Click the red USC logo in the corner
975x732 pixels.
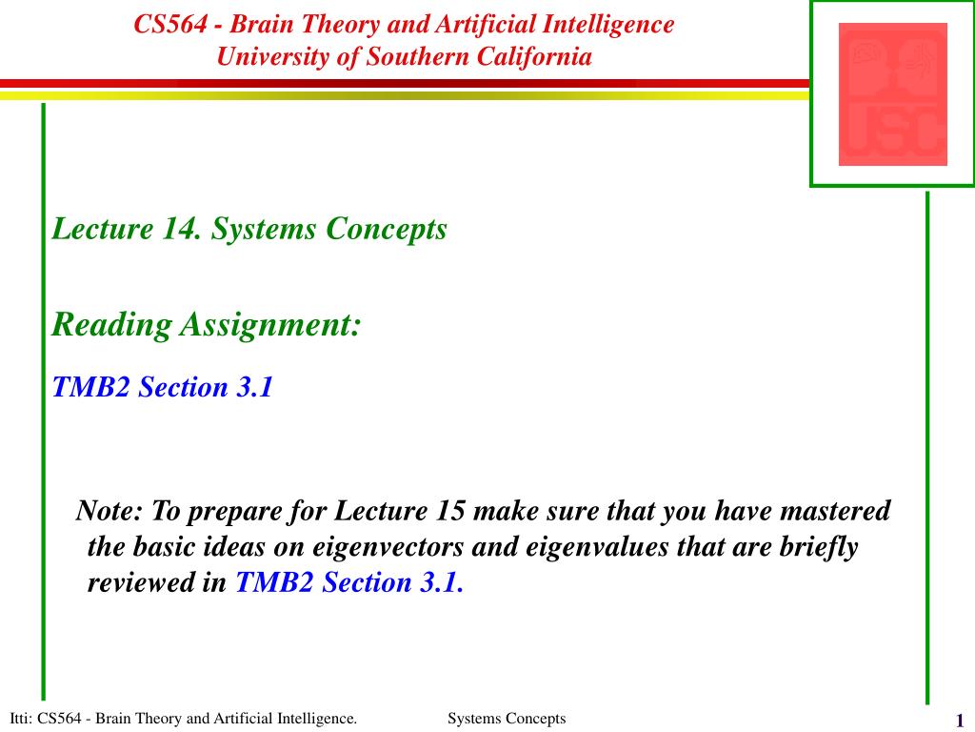click(893, 94)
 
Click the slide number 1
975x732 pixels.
click(960, 721)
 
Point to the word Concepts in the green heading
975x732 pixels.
click(387, 229)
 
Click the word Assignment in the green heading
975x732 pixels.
click(270, 326)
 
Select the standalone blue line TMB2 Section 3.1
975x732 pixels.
click(163, 387)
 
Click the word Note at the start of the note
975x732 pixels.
click(109, 511)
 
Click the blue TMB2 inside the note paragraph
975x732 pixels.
click(274, 582)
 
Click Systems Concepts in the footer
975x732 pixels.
click(507, 719)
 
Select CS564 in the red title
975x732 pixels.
click(170, 25)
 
